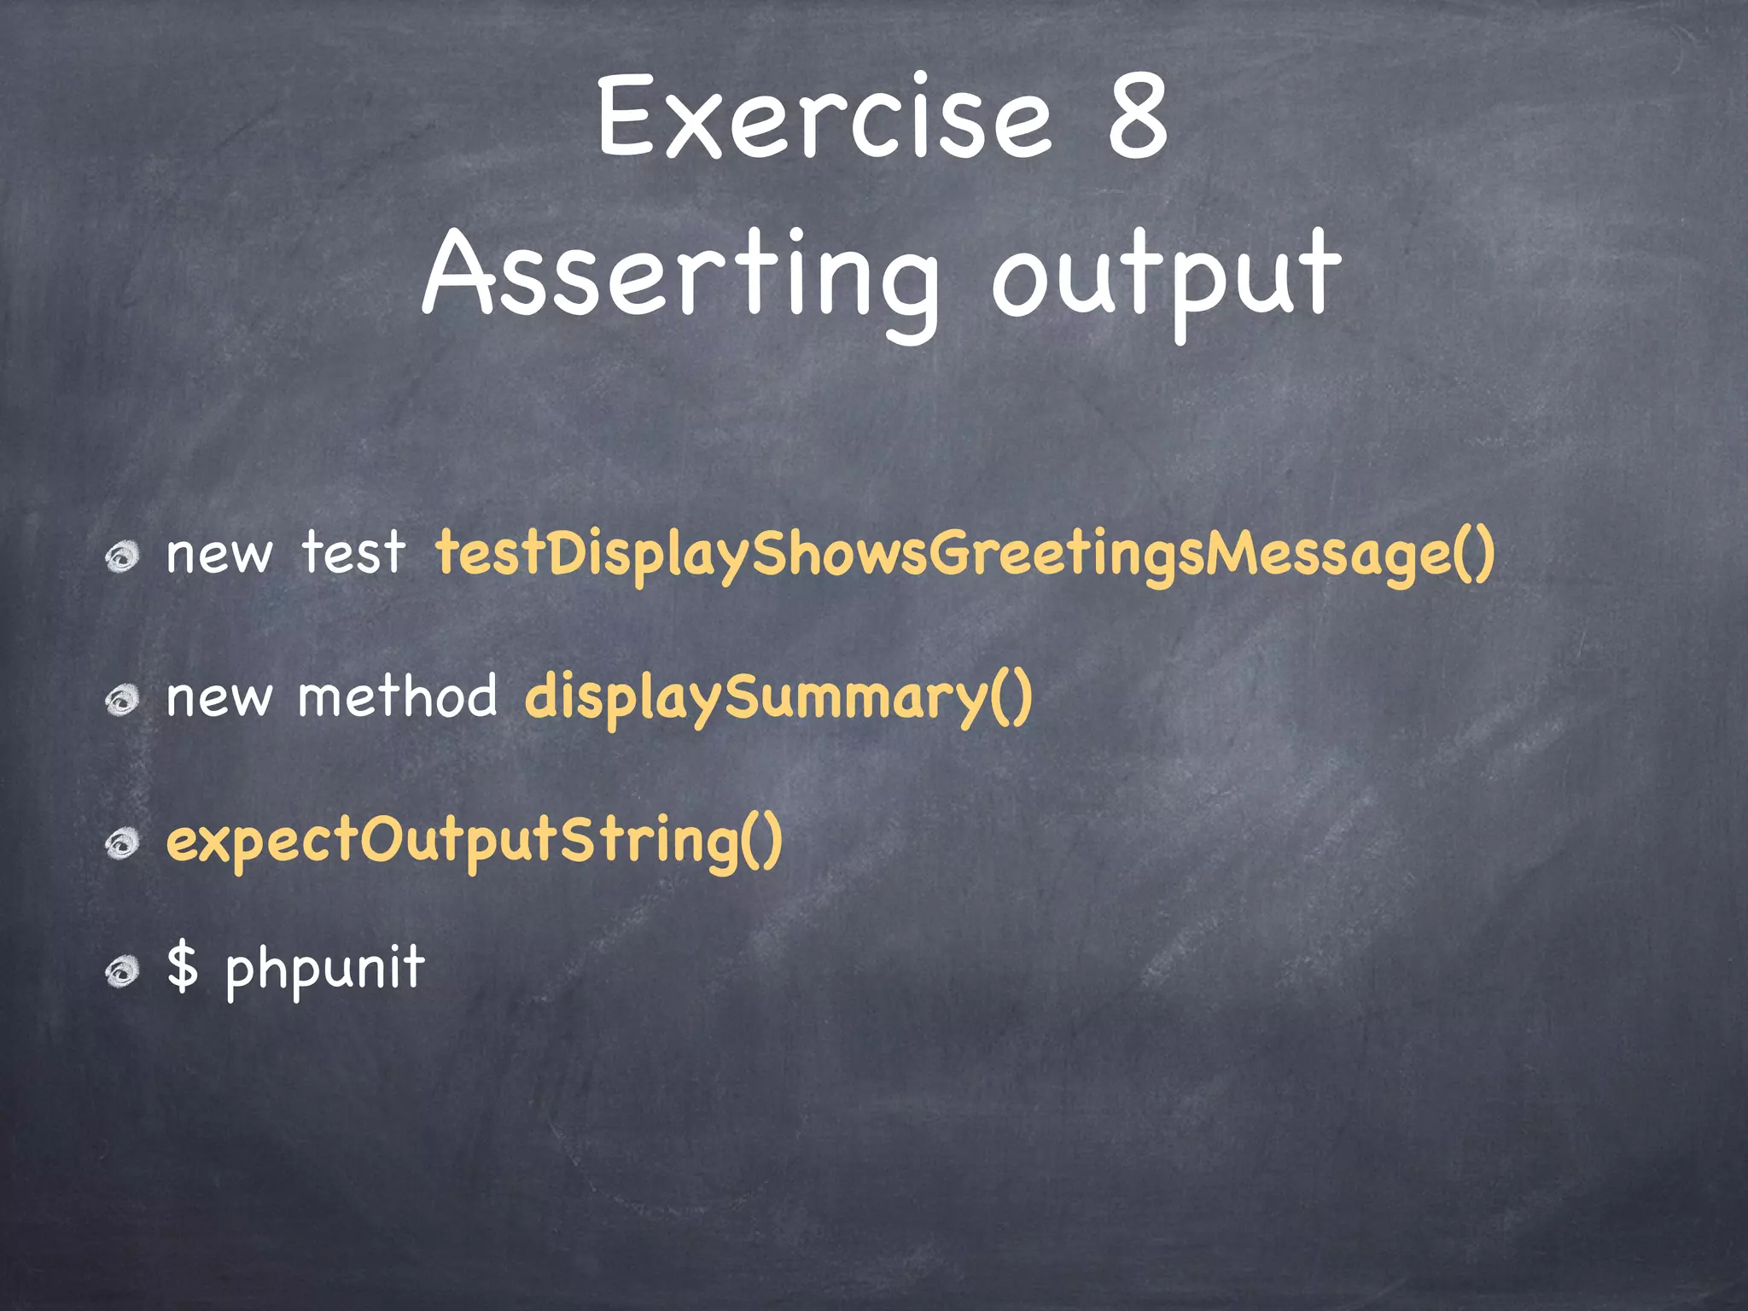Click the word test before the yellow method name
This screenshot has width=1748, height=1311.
353,553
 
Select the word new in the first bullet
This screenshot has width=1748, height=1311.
218,555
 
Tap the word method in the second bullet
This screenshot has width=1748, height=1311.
397,696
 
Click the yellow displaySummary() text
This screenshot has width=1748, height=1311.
778,698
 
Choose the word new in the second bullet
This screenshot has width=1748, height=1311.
218,698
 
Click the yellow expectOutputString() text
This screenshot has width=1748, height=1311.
474,841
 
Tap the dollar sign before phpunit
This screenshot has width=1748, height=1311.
182,967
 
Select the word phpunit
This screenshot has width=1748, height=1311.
324,970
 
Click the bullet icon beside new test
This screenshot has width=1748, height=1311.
122,557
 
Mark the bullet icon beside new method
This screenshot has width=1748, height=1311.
122,701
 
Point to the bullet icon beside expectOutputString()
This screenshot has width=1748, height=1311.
122,844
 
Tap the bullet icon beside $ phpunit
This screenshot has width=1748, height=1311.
122,971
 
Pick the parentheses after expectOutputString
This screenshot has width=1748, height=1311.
761,841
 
